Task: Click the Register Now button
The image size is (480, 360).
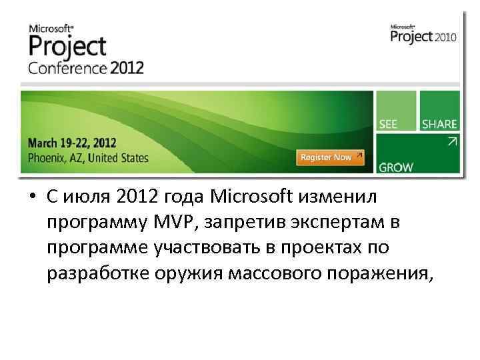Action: pyautogui.click(x=330, y=157)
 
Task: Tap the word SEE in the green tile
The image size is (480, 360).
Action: pyautogui.click(x=389, y=124)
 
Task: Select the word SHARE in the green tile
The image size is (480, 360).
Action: pyautogui.click(x=439, y=124)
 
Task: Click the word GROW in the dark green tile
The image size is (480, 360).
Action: pyautogui.click(x=396, y=167)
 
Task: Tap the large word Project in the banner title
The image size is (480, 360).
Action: pyautogui.click(x=67, y=47)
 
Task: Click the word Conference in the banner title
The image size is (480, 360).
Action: pyautogui.click(x=67, y=68)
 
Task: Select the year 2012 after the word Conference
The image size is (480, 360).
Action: pyautogui.click(x=127, y=68)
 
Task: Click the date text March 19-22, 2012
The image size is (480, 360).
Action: pyautogui.click(x=72, y=142)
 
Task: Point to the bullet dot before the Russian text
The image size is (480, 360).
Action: pyautogui.click(x=31, y=197)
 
